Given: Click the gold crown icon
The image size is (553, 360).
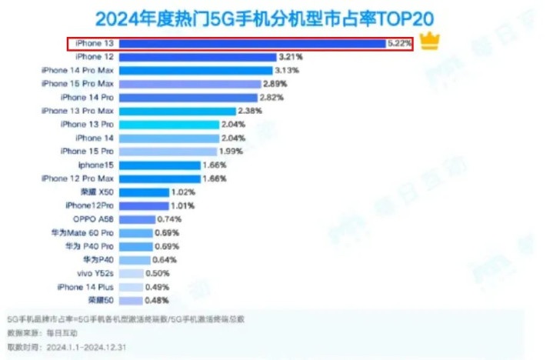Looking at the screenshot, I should pos(430,42).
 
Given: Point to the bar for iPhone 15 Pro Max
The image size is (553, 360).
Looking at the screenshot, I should pos(189,83).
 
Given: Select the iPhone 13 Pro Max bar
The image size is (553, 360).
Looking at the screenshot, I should pos(182,111).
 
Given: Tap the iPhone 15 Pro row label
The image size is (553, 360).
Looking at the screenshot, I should pos(87,152).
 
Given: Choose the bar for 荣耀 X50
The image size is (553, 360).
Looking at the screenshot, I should pos(142,192).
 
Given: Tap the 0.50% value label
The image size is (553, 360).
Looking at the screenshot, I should pos(158,273).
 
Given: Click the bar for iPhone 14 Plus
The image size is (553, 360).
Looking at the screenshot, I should pos(131,286).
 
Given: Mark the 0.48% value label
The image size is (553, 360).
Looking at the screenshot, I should pos(158,300).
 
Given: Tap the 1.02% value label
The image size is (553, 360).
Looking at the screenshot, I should pos(183,192).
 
